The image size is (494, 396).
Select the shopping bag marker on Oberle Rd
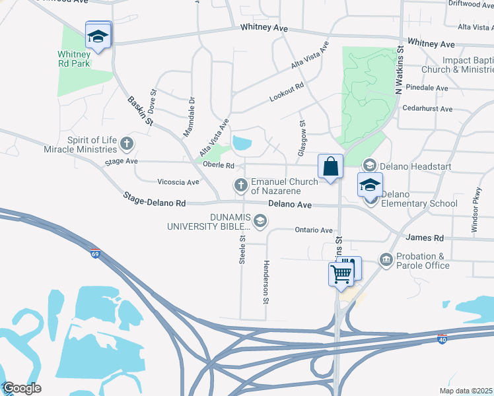[x=330, y=167]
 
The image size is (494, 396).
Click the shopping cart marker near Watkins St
[x=341, y=273]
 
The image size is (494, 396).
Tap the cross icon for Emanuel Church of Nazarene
[x=241, y=183]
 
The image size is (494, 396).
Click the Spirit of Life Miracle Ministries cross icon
[x=126, y=143]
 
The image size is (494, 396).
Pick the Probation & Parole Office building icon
[x=386, y=259]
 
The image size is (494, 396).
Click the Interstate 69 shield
[x=96, y=252]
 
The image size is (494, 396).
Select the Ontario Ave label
[x=314, y=230]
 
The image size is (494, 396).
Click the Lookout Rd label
[x=287, y=92]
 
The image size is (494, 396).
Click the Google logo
[x=22, y=388]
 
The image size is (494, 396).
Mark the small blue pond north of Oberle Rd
[x=242, y=143]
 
